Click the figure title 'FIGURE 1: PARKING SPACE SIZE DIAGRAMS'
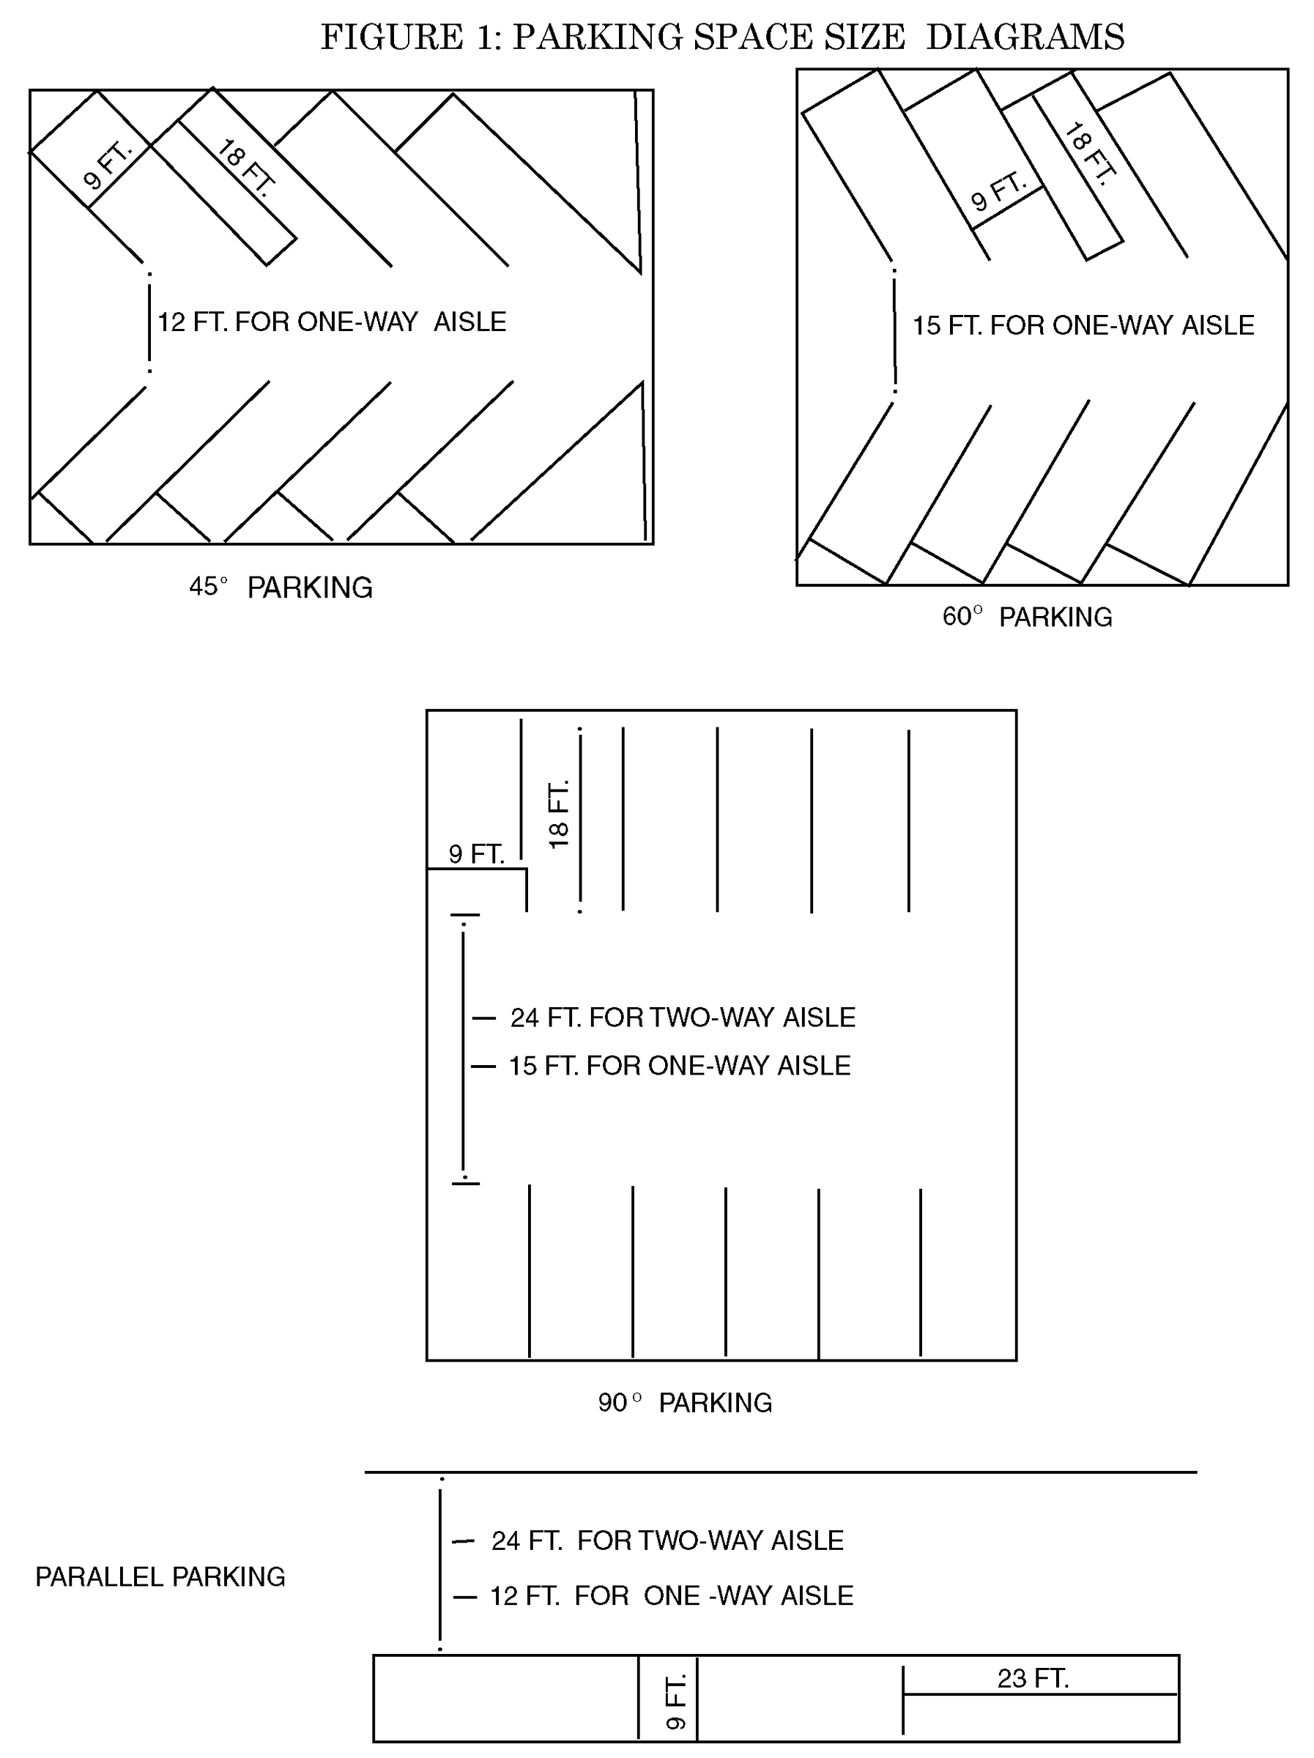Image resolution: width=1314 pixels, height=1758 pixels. tap(721, 37)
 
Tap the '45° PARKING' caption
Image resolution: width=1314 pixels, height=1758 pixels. tap(281, 587)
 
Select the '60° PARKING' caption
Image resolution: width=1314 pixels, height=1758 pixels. tap(1027, 617)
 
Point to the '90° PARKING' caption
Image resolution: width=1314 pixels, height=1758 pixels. tap(684, 1403)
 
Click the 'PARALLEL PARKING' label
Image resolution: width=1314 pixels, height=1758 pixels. tap(160, 1577)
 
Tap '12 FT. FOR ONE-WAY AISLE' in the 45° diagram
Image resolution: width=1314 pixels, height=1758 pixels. tap(332, 322)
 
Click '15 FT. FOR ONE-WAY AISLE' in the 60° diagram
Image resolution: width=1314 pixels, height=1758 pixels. tap(1083, 325)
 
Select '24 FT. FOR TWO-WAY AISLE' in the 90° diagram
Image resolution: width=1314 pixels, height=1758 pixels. tap(682, 1017)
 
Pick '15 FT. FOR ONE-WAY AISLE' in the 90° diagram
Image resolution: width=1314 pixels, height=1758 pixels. tap(679, 1066)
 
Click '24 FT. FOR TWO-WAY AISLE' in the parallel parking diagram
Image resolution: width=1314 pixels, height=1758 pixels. tap(667, 1540)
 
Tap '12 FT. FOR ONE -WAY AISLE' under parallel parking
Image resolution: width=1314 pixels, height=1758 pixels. tap(671, 1596)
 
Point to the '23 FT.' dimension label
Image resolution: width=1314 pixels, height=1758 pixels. tap(1033, 1679)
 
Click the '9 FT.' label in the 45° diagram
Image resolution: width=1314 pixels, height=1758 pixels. tap(108, 166)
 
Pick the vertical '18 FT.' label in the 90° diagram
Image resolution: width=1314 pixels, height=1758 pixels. tap(559, 814)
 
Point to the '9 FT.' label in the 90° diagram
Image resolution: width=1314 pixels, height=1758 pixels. tap(476, 854)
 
